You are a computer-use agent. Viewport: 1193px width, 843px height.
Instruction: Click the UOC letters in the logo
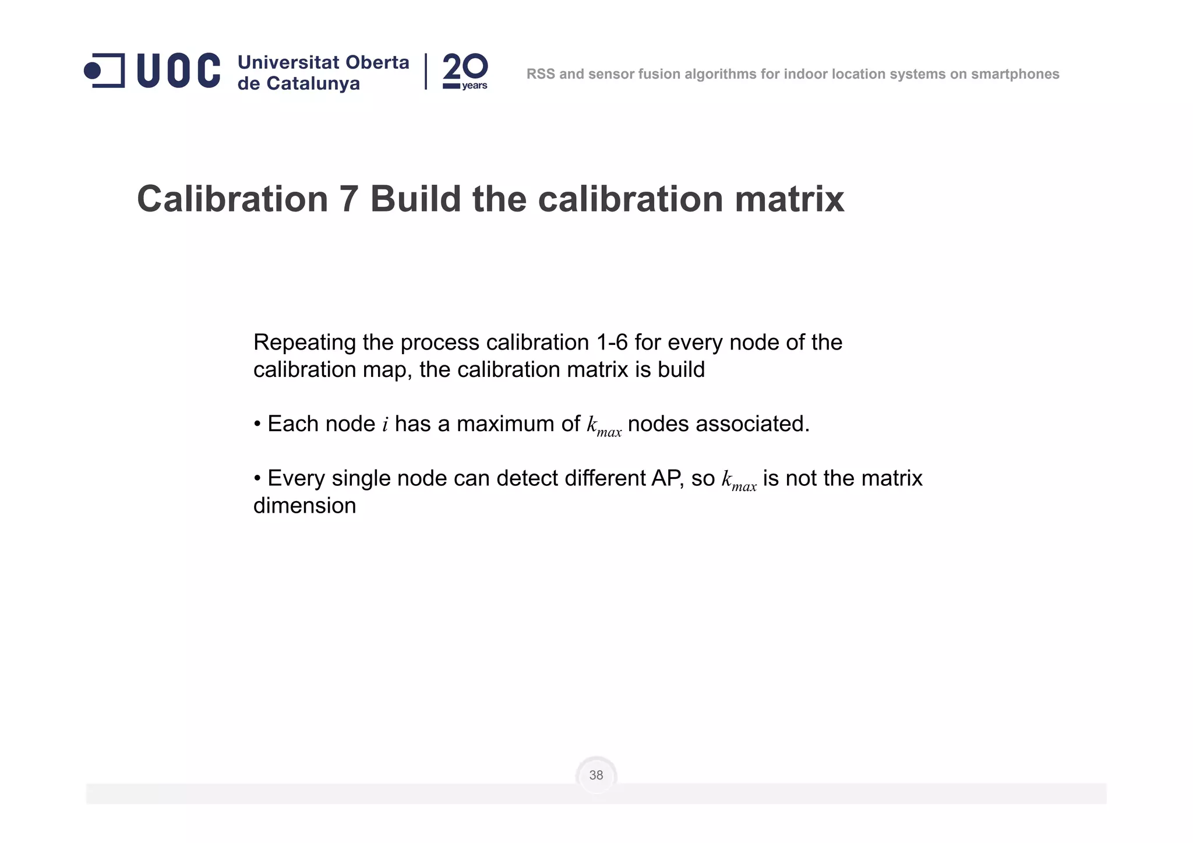178,71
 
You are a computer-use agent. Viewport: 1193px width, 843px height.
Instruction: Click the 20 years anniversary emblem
465,71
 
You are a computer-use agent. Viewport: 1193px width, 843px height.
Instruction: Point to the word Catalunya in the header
313,83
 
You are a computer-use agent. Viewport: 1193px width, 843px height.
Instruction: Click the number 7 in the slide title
348,199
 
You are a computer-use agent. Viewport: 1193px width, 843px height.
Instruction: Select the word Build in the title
416,199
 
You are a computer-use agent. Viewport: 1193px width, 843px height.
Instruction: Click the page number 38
596,775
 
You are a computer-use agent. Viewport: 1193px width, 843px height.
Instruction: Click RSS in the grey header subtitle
541,74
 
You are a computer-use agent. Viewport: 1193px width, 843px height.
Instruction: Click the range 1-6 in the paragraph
612,343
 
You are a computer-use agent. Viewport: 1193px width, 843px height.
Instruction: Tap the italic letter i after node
385,425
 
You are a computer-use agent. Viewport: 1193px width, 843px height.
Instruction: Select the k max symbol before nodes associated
604,426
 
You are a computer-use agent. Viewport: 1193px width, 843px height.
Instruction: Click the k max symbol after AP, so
739,480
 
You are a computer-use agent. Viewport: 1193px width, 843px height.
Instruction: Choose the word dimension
305,506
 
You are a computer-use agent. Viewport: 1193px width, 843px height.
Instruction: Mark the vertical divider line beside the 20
426,71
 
